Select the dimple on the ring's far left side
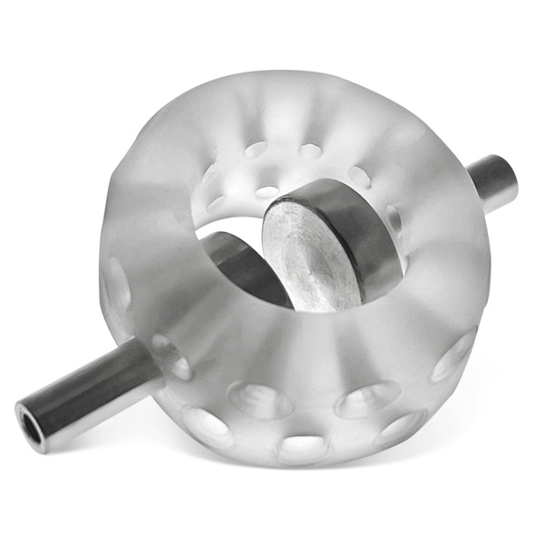click(117, 282)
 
